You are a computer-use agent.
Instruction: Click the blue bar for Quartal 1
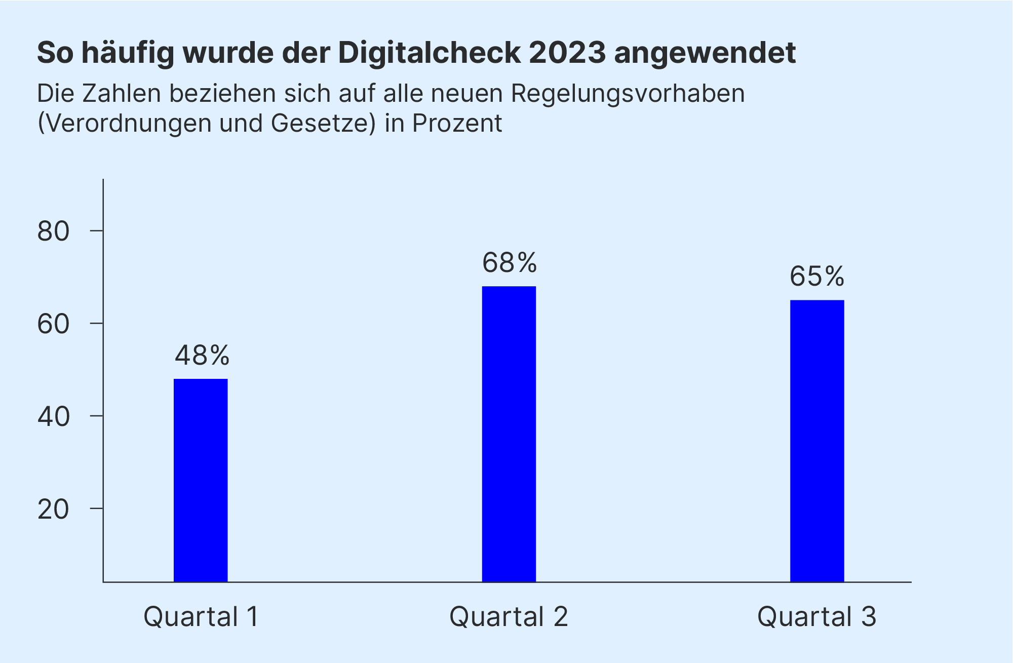click(201, 480)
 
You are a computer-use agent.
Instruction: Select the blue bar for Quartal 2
click(509, 434)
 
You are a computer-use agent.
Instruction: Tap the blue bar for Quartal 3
click(817, 441)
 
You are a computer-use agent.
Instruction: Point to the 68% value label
click(509, 263)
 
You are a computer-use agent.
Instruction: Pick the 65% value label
click(817, 277)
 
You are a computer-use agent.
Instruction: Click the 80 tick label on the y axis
click(53, 231)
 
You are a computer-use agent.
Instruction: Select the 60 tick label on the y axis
click(53, 324)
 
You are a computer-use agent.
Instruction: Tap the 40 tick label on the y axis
click(53, 417)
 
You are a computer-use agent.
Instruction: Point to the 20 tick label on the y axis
click(53, 510)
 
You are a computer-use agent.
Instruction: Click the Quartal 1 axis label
click(201, 617)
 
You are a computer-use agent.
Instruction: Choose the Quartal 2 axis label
click(509, 617)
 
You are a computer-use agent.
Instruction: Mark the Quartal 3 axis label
click(816, 617)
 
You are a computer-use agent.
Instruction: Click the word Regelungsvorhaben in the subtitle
click(628, 94)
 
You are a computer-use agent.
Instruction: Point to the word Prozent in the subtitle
click(457, 123)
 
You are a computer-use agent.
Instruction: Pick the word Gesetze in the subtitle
click(323, 123)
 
